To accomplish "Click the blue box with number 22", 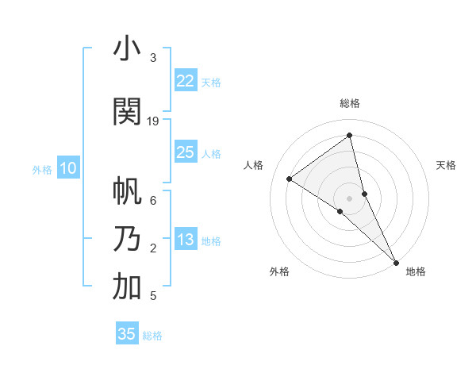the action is click(x=186, y=81).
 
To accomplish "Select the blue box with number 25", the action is click(x=186, y=152).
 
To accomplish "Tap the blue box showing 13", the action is click(x=186, y=240).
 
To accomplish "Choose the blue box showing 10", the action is click(x=67, y=168).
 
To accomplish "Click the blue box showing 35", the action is click(x=127, y=334).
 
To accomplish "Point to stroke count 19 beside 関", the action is click(x=153, y=121).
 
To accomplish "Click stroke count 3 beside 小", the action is click(x=152, y=58).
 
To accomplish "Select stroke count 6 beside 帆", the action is click(x=152, y=201).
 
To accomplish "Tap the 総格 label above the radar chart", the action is click(x=349, y=103).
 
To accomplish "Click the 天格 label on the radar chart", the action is click(x=446, y=165).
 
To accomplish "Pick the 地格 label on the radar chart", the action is click(x=416, y=271).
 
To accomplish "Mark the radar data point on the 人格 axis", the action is click(x=290, y=179).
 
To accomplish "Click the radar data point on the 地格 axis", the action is click(x=396, y=261).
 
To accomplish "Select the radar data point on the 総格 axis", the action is click(x=349, y=136).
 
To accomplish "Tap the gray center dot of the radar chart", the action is click(x=349, y=198).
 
